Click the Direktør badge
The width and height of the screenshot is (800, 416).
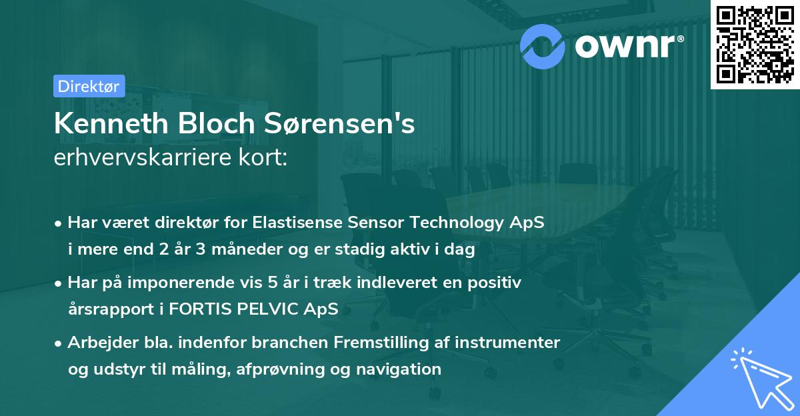89,86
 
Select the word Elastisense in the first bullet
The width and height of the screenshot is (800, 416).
293,223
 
